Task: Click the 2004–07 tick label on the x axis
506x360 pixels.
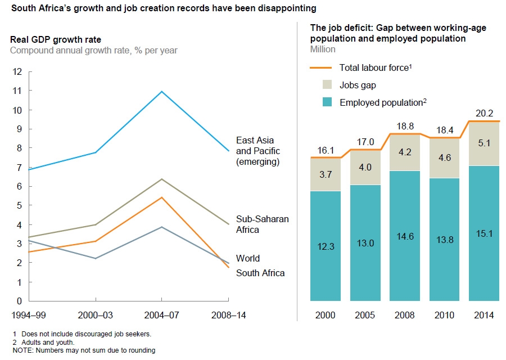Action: (x=162, y=316)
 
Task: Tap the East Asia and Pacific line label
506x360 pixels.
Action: (x=258, y=151)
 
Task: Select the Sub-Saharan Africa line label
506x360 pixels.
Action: (x=263, y=224)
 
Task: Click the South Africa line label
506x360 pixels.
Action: (x=260, y=273)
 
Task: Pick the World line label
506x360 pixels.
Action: (x=248, y=258)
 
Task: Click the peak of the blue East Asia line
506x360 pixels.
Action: (x=162, y=91)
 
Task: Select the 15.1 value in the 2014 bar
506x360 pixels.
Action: (x=484, y=233)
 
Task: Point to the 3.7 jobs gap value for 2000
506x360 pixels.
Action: (x=326, y=175)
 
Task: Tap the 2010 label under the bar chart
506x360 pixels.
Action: (x=444, y=316)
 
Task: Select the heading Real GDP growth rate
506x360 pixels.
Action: (x=56, y=39)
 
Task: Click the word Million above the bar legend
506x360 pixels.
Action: (x=323, y=49)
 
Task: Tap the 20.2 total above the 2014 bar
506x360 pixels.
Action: (x=484, y=112)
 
